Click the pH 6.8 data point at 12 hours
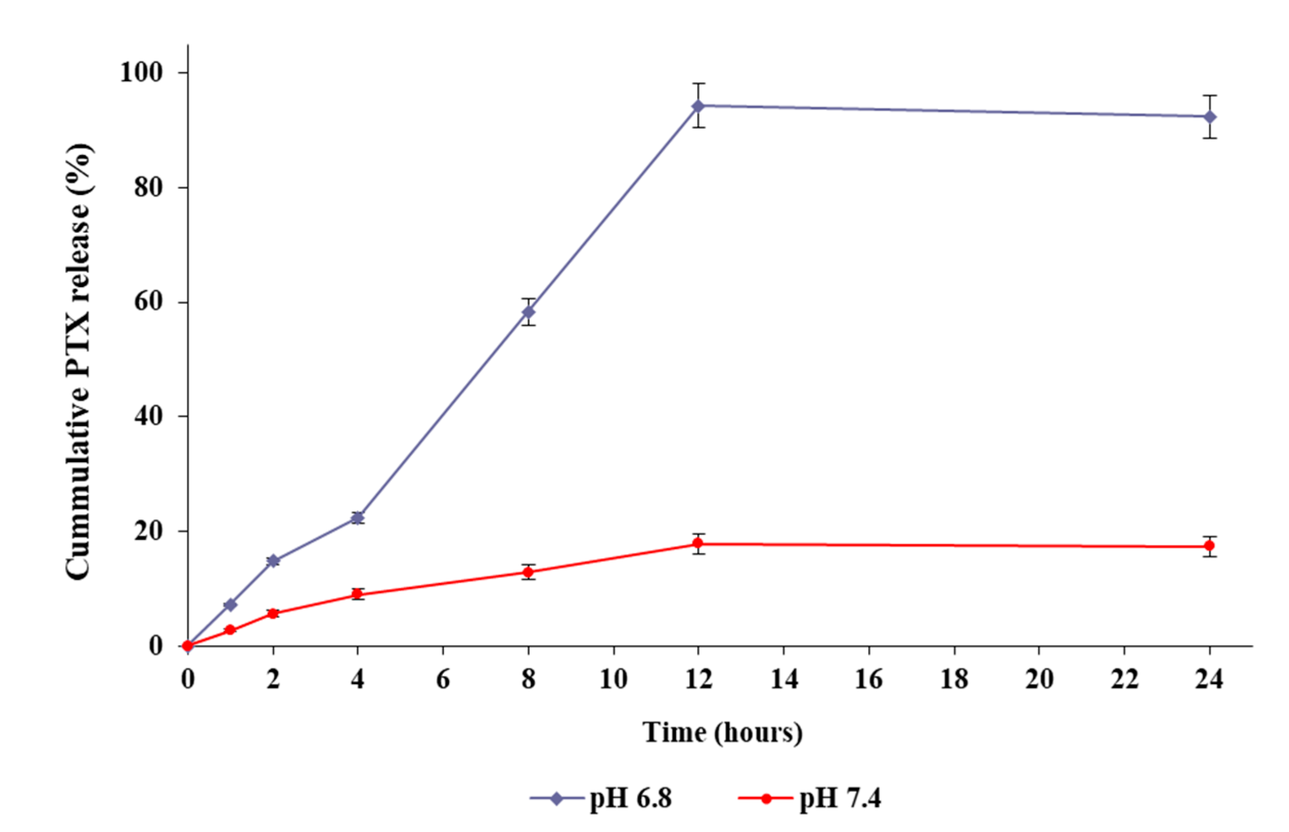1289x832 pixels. tap(698, 106)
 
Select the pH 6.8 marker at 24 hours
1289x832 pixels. tap(1210, 117)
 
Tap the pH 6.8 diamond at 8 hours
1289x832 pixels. tap(529, 312)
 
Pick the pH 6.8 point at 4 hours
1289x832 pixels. tap(357, 517)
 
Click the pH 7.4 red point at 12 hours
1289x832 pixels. tap(698, 543)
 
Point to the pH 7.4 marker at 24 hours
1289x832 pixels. tap(1210, 546)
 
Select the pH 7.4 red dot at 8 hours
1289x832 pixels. tap(529, 572)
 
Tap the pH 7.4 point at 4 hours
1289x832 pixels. tap(357, 594)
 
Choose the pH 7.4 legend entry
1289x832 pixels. tap(810, 798)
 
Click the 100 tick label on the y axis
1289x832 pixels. tap(141, 72)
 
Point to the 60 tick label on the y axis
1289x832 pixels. tap(148, 302)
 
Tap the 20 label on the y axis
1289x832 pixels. tap(148, 531)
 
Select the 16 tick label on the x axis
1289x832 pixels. tap(869, 679)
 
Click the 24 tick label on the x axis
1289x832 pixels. tap(1209, 679)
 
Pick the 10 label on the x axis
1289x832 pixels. tap(613, 679)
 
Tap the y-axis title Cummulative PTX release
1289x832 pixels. tap(78, 362)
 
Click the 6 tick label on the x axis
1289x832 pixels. tap(443, 679)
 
